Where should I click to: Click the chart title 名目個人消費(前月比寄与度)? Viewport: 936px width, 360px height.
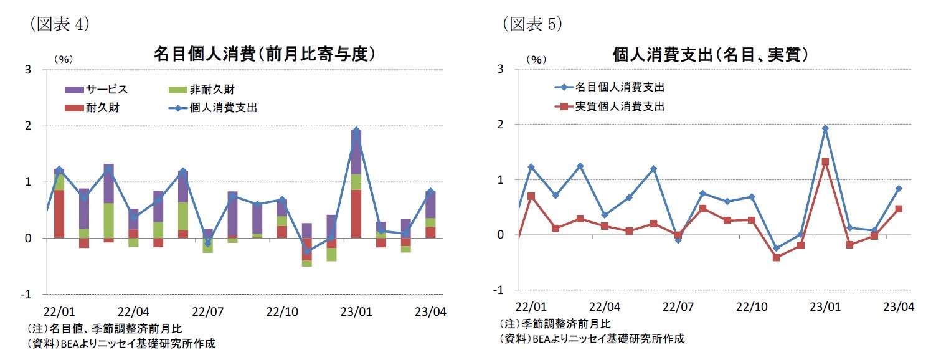[264, 55]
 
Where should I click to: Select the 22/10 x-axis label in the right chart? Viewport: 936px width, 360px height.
[752, 307]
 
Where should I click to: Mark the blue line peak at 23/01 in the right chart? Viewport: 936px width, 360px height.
[825, 128]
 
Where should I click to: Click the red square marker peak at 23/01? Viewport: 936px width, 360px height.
[825, 162]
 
